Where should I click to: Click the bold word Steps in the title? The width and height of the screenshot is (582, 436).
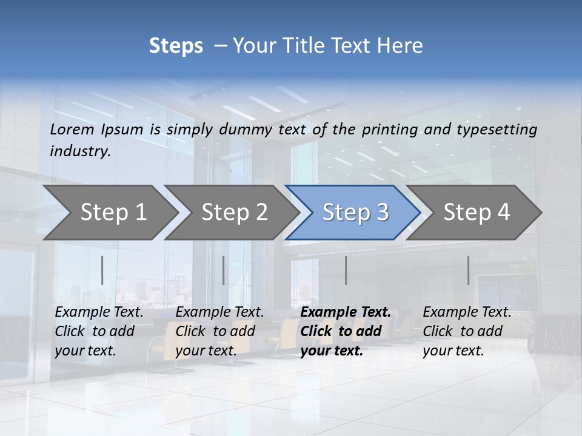[x=176, y=46]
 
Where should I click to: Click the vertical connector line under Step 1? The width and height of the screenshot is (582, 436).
[x=102, y=270]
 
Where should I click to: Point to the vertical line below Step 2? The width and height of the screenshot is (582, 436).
[x=224, y=270]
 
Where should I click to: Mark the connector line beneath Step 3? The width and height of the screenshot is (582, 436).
[x=346, y=270]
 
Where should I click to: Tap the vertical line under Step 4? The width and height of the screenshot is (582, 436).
[x=468, y=270]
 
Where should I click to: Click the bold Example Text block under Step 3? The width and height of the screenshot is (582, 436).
[x=346, y=331]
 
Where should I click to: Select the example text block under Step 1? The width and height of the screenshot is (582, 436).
[x=99, y=331]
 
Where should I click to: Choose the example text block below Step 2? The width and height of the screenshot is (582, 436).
[x=220, y=331]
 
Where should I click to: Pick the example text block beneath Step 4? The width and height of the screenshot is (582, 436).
[x=467, y=331]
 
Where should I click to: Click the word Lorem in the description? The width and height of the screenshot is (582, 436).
[x=72, y=129]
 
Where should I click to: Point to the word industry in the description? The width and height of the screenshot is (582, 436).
[x=80, y=151]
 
